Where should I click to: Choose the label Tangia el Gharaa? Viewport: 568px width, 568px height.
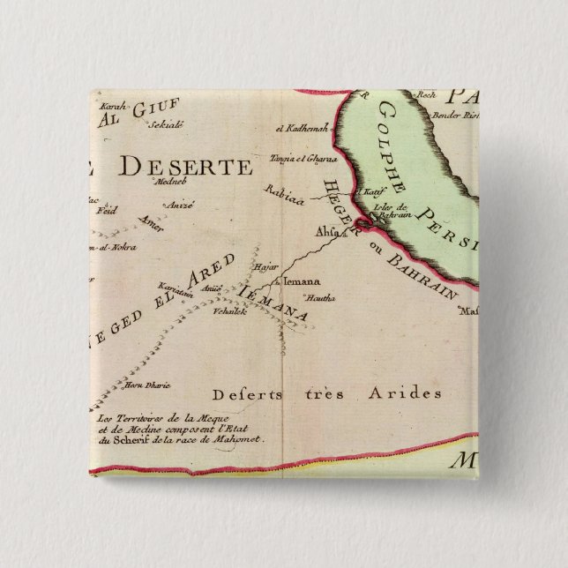tap(301, 160)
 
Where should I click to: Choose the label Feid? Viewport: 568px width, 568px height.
tap(110, 212)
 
